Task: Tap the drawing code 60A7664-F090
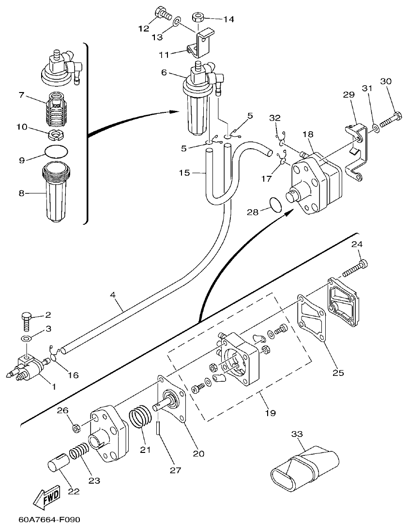(49, 520)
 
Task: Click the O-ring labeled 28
(275, 204)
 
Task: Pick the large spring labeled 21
(140, 418)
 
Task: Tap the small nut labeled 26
(76, 428)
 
